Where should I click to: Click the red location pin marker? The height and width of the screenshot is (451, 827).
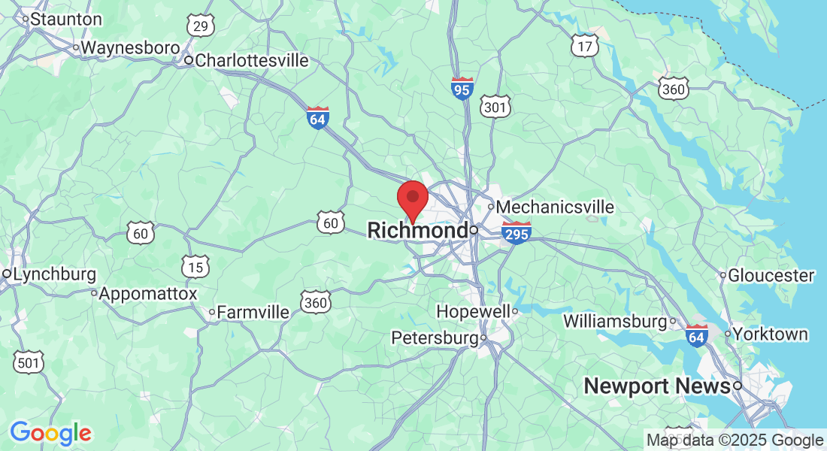pyautogui.click(x=412, y=198)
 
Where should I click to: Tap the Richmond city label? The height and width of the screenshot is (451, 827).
pyautogui.click(x=417, y=230)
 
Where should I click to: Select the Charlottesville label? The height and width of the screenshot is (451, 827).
pyautogui.click(x=251, y=60)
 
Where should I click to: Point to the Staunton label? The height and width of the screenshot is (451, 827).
pyautogui.click(x=66, y=20)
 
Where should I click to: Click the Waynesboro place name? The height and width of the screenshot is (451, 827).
pyautogui.click(x=130, y=47)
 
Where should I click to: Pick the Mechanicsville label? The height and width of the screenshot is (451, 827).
pyautogui.click(x=555, y=207)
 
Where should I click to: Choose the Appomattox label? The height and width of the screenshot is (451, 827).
pyautogui.click(x=147, y=293)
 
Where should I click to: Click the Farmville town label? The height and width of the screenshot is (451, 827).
pyautogui.click(x=253, y=312)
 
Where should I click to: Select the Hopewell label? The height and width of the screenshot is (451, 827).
pyautogui.click(x=474, y=311)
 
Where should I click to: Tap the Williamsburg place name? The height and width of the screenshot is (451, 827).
pyautogui.click(x=615, y=322)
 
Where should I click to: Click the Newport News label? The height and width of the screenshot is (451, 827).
pyautogui.click(x=657, y=386)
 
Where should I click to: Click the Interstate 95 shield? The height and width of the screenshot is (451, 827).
pyautogui.click(x=462, y=88)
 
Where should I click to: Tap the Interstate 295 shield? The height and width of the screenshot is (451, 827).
pyautogui.click(x=516, y=232)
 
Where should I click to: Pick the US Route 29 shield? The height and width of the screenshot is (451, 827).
pyautogui.click(x=200, y=26)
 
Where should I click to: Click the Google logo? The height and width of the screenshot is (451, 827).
pyautogui.click(x=50, y=433)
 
